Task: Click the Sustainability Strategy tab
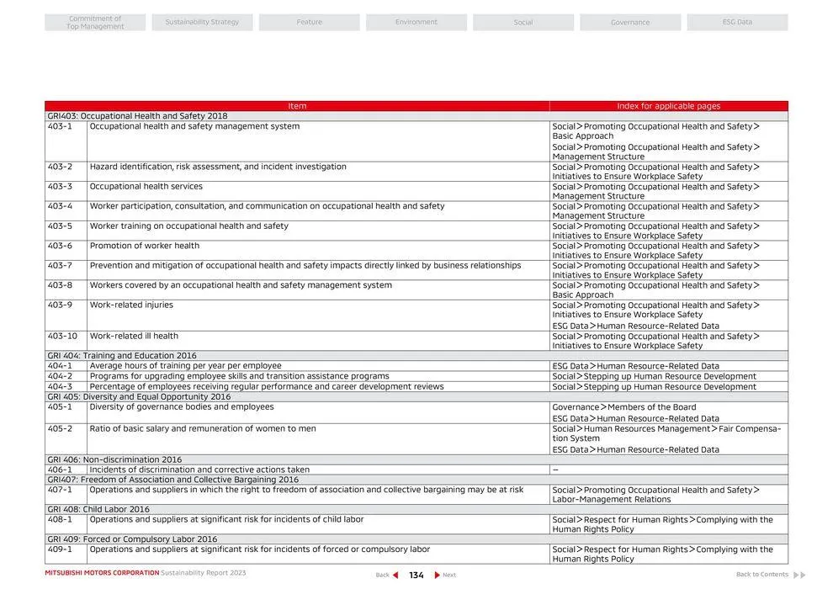(x=202, y=22)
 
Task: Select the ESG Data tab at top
(x=737, y=22)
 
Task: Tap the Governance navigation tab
(x=630, y=23)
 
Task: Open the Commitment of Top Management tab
(x=95, y=23)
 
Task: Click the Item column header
(x=297, y=106)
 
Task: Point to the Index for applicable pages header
(x=668, y=106)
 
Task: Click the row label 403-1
(x=60, y=127)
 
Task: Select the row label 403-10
(x=62, y=337)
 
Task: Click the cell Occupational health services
(x=146, y=187)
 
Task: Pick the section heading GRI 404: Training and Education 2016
(x=122, y=356)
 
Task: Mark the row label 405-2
(x=60, y=429)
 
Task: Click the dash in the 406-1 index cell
(x=555, y=470)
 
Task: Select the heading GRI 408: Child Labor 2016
(x=98, y=510)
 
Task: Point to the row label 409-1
(x=60, y=550)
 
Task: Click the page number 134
(x=416, y=576)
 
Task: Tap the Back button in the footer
(x=386, y=576)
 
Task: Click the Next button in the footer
(x=445, y=576)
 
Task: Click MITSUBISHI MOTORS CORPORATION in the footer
(x=102, y=573)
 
